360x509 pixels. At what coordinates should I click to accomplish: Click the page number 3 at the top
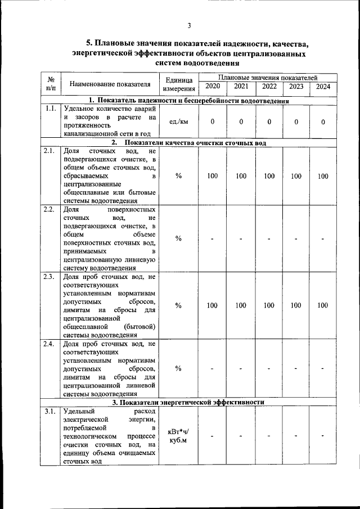[190, 25]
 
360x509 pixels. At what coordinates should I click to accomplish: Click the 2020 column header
[213, 87]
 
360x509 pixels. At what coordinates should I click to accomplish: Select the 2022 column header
[269, 87]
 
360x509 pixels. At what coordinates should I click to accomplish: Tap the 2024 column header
[323, 87]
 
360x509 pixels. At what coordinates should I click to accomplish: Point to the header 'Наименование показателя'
[110, 84]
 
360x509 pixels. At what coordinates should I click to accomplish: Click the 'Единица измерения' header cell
[179, 84]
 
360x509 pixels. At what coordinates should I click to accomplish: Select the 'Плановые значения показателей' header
[268, 76]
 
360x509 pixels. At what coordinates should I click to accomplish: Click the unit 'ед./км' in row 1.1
[179, 121]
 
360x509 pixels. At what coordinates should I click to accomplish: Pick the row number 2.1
[49, 151]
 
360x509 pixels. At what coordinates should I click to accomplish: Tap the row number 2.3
[49, 276]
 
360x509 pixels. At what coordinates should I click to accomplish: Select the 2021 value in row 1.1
[241, 121]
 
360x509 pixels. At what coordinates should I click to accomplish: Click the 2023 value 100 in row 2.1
[295, 176]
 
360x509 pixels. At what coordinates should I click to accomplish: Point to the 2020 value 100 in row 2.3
[213, 305]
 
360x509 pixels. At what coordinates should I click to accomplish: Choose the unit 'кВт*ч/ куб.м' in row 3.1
[179, 435]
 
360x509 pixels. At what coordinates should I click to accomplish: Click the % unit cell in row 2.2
[179, 238]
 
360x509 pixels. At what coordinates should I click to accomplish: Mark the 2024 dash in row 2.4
[323, 368]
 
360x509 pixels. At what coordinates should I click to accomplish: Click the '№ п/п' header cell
[51, 84]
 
